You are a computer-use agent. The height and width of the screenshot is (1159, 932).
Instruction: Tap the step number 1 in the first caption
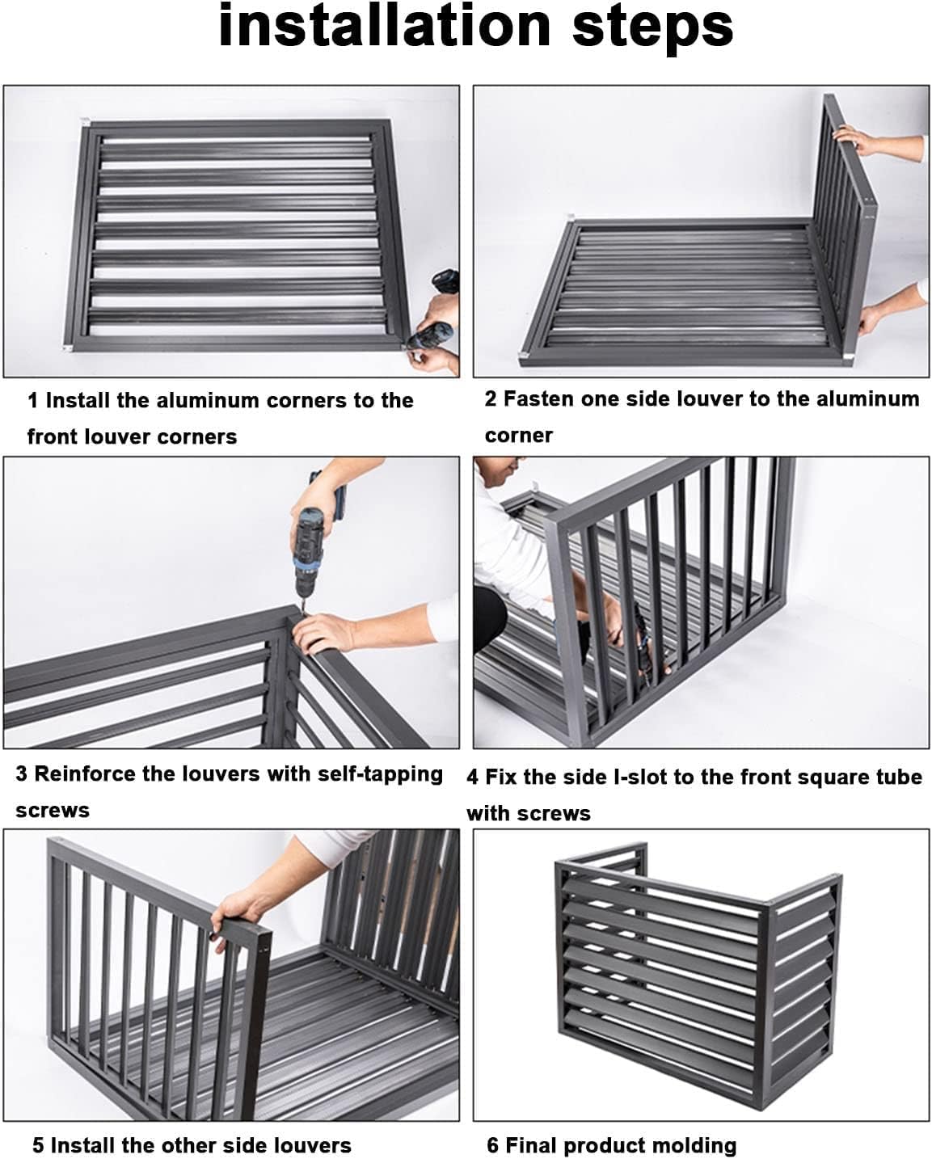tap(32, 401)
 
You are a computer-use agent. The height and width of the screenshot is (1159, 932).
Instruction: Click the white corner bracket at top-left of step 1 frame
tap(86, 124)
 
